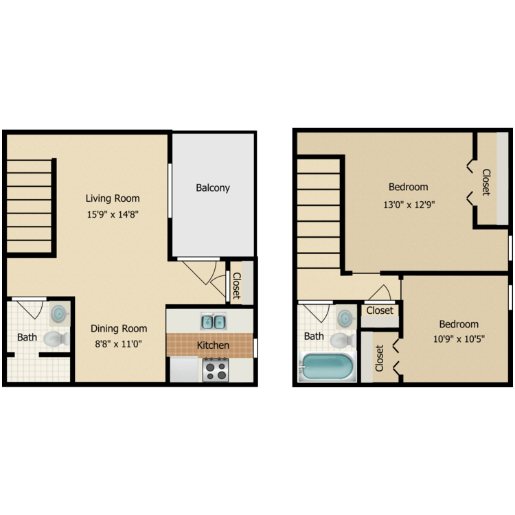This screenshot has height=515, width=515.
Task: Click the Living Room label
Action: [113, 198]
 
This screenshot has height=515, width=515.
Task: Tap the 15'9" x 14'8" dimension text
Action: [113, 214]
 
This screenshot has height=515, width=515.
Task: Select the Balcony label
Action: [213, 187]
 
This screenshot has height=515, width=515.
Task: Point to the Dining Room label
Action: [121, 328]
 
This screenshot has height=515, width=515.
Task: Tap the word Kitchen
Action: [213, 345]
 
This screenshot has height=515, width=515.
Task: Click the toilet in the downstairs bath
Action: [54, 338]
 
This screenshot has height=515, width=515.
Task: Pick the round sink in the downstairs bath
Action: [60, 314]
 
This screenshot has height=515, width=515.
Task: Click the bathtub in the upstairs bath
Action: [328, 366]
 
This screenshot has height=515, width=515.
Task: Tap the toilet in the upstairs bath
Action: [341, 339]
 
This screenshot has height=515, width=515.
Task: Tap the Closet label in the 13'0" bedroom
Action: [485, 182]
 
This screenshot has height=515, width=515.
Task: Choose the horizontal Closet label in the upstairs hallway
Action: [380, 310]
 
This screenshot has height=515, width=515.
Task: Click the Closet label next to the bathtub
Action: [379, 358]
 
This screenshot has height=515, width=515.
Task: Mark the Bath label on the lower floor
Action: [27, 337]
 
